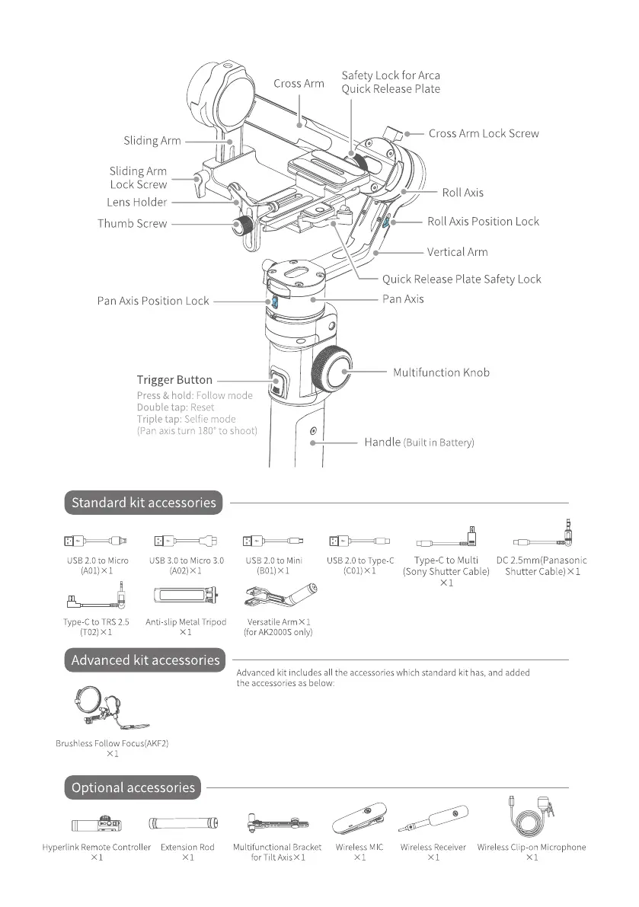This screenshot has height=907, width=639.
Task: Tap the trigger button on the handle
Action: coord(278,381)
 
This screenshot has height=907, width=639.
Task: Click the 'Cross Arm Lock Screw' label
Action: coord(483,133)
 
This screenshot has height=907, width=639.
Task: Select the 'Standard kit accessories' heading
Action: coord(144,503)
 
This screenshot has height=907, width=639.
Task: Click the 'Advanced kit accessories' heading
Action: coord(145,660)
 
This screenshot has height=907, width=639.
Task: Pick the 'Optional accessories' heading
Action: coord(133,788)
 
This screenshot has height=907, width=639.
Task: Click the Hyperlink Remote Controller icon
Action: coord(95,824)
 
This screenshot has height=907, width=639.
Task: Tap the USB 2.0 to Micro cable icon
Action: coord(95,541)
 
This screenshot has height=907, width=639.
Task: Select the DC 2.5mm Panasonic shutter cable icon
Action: coord(542,539)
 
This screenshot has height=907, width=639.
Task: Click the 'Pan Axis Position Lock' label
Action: coord(152,301)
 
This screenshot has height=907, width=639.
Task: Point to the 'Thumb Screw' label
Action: coord(132,224)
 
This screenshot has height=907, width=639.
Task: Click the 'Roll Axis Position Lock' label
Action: coord(483,222)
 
